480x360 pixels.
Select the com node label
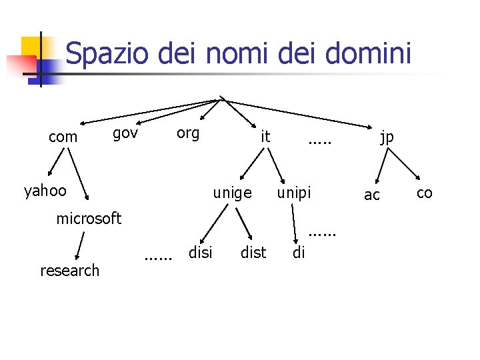pyautogui.click(x=63, y=137)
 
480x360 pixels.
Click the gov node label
pyautogui.click(x=125, y=133)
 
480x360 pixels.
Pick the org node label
pyautogui.click(x=188, y=133)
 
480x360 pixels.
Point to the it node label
pyautogui.click(x=265, y=137)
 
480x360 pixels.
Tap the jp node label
pyautogui.click(x=387, y=137)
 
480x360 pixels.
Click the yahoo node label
pyautogui.click(x=45, y=191)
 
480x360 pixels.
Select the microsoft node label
pyautogui.click(x=89, y=219)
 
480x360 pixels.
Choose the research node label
pyautogui.click(x=69, y=270)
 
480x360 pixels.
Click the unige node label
pyautogui.click(x=232, y=193)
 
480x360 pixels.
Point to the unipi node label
pyautogui.click(x=294, y=193)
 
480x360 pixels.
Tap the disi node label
pyautogui.click(x=201, y=253)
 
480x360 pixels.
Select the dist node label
pyautogui.click(x=253, y=253)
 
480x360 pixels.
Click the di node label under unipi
pyautogui.click(x=299, y=253)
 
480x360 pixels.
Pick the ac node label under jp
pyautogui.click(x=372, y=195)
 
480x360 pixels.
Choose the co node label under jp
pyautogui.click(x=424, y=193)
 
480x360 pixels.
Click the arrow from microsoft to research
pyautogui.click(x=81, y=244)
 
